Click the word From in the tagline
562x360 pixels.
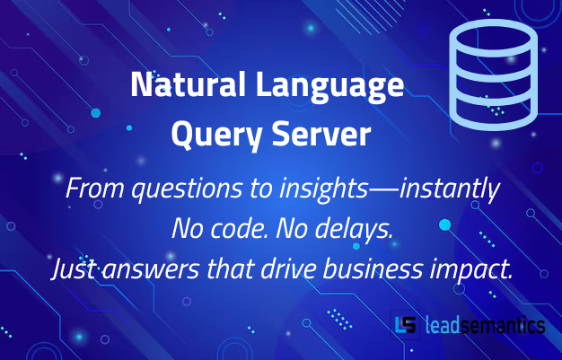[89, 190]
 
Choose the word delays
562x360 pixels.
[356, 230]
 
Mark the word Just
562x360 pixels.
[71, 269]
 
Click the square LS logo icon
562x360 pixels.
[406, 325]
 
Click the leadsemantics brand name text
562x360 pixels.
[485, 325]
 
